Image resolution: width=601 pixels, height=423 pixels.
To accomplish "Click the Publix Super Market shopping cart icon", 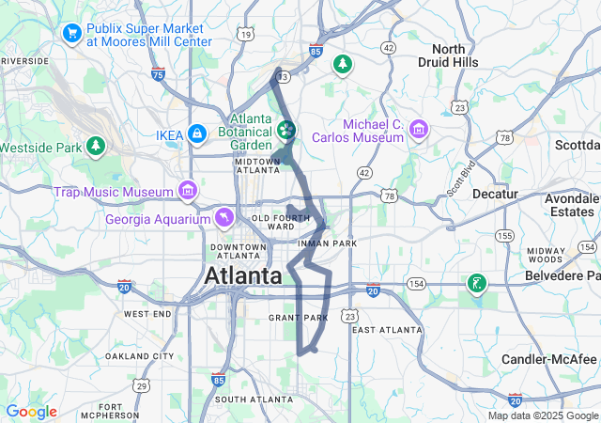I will point(71,34).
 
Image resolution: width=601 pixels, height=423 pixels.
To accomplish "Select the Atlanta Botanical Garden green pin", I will point(286,129).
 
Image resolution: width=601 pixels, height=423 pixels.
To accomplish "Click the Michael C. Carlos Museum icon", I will point(419,129).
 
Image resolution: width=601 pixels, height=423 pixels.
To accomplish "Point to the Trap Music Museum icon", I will point(189,192).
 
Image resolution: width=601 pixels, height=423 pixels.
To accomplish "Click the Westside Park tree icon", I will point(95,147).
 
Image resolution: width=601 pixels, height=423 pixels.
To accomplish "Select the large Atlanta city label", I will point(243,276).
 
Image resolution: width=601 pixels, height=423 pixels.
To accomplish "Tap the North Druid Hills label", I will point(455,55).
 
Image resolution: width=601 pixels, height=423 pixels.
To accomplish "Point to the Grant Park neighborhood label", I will point(299,318).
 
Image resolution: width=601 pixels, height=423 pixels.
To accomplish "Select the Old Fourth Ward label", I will point(274,222).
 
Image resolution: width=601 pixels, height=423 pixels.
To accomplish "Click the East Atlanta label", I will point(387,330).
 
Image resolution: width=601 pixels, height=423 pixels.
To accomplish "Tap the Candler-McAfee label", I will point(549,360).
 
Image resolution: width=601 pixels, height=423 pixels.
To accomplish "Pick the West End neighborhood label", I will point(147,313).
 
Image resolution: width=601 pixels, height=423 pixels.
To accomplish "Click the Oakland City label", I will point(140,356).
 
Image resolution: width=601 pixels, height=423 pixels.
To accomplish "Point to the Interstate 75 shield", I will point(158,73).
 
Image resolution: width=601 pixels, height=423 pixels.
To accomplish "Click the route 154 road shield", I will point(417,282).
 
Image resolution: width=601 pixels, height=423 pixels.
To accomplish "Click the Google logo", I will point(31,412).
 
